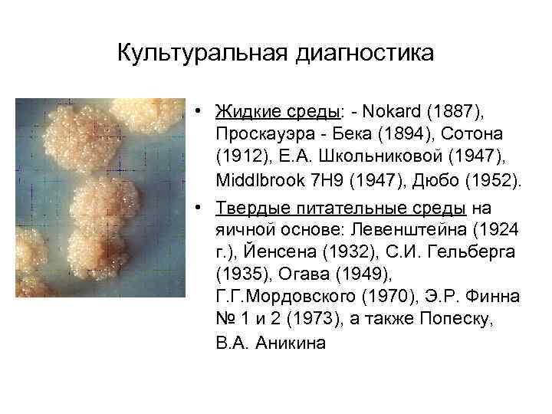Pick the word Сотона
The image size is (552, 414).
(x=457, y=136)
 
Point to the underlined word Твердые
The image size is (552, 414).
(x=249, y=209)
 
